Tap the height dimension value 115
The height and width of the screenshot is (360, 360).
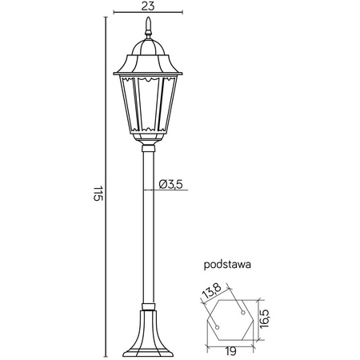coord(98,194)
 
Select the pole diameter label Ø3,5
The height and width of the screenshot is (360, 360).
coord(172,185)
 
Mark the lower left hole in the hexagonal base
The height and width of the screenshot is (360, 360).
coord(216,326)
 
